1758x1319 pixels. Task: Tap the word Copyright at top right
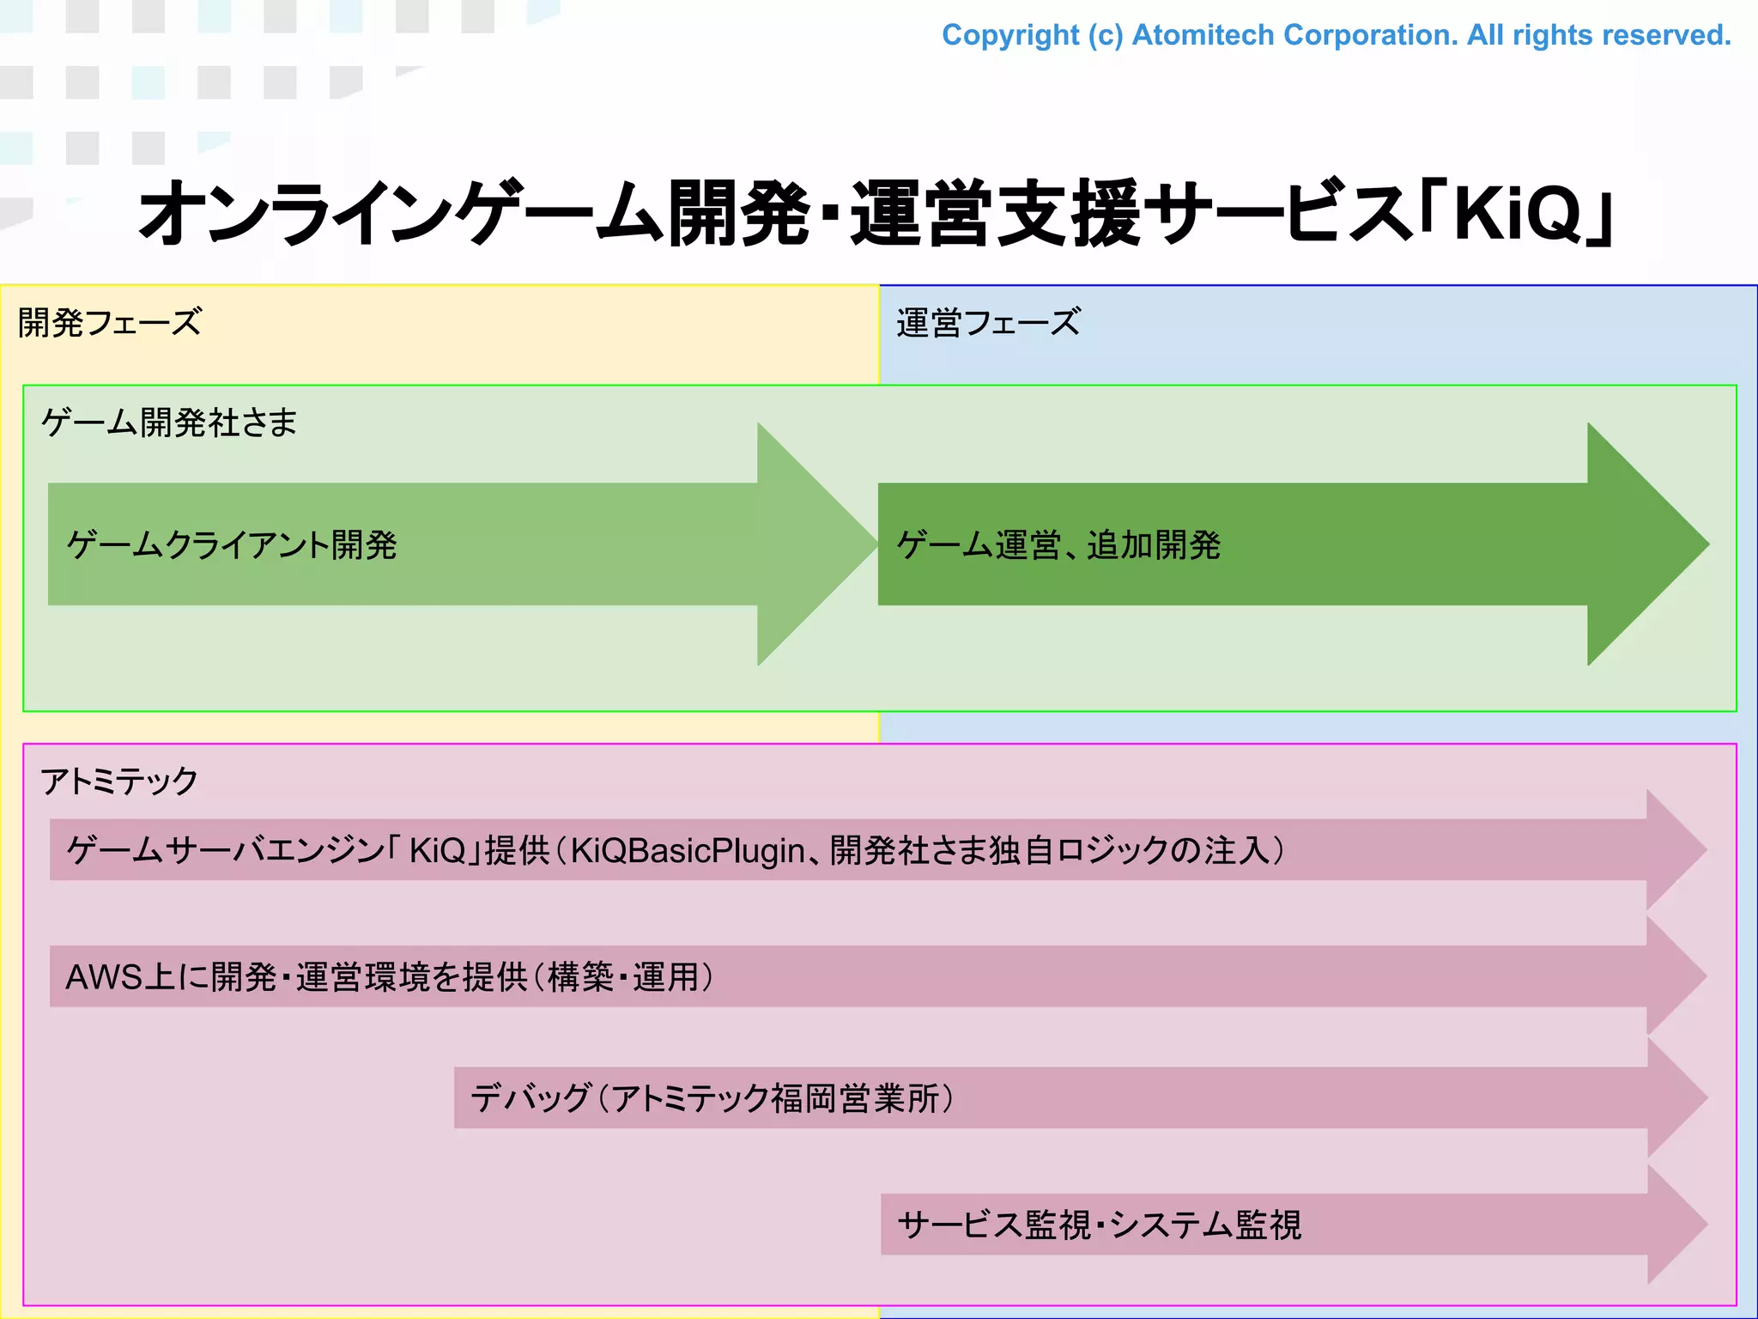click(1009, 35)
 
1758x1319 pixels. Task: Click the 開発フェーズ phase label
click(110, 323)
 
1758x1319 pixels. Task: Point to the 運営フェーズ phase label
click(988, 323)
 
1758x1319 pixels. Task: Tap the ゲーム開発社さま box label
click(169, 422)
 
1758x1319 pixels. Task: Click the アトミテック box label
click(119, 781)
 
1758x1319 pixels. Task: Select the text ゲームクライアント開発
click(232, 545)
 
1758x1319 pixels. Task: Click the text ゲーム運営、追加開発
click(1058, 545)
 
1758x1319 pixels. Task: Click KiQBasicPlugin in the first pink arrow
click(688, 850)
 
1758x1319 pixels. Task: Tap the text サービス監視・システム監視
click(1100, 1225)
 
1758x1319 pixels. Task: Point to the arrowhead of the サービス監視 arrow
click(1674, 1225)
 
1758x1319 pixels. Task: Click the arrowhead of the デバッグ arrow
click(1674, 1097)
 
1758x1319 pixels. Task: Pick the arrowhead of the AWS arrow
click(1674, 976)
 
